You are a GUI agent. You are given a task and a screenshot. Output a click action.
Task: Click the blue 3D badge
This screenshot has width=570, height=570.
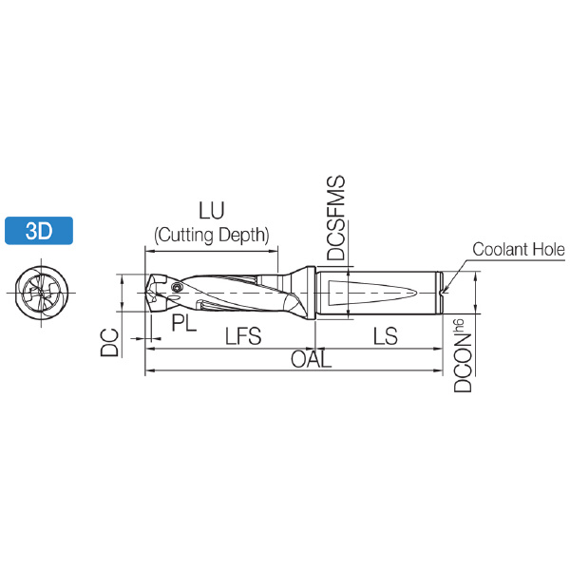click(x=39, y=231)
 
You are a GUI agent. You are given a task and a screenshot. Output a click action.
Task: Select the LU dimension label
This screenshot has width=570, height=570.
click(x=211, y=210)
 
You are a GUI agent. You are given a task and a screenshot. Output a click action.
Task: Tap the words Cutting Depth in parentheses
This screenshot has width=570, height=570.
click(x=212, y=235)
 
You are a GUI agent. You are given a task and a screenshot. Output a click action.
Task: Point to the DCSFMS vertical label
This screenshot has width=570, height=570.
click(x=335, y=218)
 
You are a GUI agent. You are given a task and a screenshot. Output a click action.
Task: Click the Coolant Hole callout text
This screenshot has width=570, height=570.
click(x=519, y=249)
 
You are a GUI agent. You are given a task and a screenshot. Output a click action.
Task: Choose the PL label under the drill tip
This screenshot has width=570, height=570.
click(x=184, y=322)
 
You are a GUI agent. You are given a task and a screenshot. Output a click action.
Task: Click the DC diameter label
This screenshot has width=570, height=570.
click(x=109, y=342)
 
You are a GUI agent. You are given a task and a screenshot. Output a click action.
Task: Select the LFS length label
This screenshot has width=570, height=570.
click(x=243, y=335)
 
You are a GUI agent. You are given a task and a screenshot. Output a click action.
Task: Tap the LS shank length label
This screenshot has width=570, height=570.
click(x=386, y=335)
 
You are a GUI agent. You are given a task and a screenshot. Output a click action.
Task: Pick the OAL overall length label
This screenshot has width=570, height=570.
click(x=312, y=359)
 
